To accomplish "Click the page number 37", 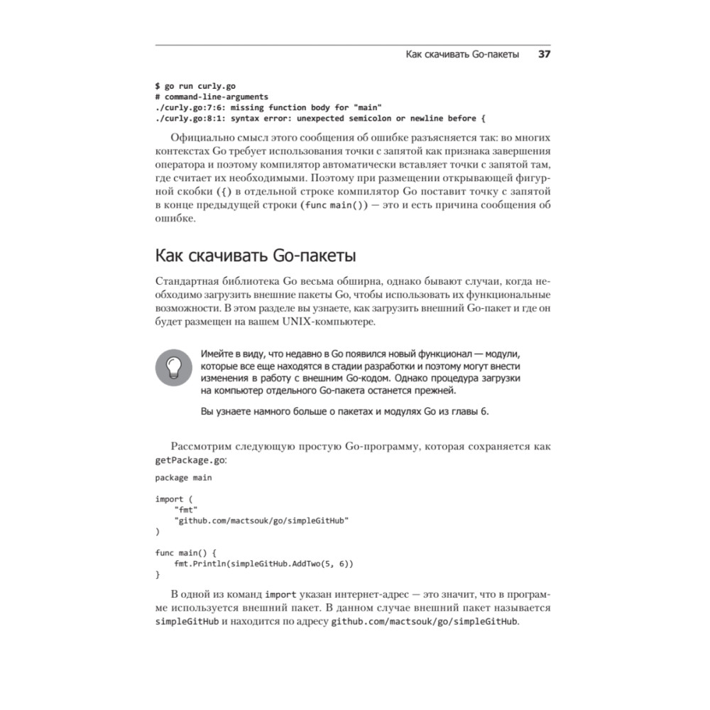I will click(545, 54).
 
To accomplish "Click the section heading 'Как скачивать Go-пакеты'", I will click(256, 254).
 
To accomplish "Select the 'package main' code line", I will click(183, 477).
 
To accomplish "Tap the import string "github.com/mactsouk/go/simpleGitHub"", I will click(261, 520).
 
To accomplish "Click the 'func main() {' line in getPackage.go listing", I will click(190, 552).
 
